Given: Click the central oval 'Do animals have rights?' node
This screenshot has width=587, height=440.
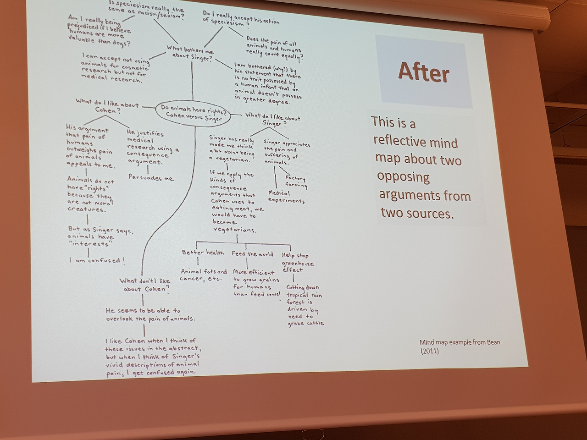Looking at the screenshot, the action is tap(192, 113).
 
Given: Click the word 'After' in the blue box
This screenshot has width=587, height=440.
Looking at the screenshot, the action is tap(423, 72).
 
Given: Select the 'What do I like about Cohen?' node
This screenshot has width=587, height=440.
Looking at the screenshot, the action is tap(106, 106).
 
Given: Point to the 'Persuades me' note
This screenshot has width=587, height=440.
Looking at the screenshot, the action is tap(151, 177).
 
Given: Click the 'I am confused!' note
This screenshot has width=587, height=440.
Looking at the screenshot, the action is tap(97, 260).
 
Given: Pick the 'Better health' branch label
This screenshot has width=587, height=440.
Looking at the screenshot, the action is tap(203, 252).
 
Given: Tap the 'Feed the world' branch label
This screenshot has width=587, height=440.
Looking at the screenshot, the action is tap(252, 253).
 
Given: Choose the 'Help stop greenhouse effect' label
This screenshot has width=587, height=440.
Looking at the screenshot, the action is tap(298, 263).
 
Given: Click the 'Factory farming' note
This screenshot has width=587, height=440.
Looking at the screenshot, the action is tap(296, 181).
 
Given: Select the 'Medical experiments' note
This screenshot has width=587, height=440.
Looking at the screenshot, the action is tap(286, 197).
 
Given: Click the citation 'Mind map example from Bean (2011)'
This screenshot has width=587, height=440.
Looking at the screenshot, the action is tap(460, 346).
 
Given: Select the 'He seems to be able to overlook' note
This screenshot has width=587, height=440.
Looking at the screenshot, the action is tap(150, 314).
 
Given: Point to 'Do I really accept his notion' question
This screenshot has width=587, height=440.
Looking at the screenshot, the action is tap(241, 18).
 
